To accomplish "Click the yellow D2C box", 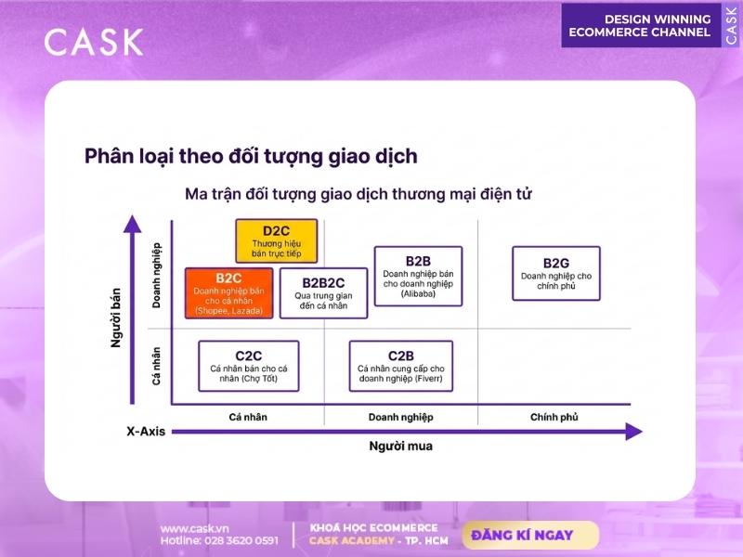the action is (276, 241).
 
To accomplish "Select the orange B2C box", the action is (228, 293).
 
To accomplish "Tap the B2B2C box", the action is (323, 293).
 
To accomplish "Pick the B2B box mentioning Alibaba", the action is (418, 276).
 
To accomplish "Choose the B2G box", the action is (556, 273).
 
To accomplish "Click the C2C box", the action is (249, 366).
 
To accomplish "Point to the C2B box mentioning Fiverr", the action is (401, 366).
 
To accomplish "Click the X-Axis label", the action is (146, 432).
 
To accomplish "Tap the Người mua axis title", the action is (401, 447).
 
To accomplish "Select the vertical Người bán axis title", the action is (115, 317).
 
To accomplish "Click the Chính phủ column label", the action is (554, 417).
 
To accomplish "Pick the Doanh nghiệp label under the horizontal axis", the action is (401, 417).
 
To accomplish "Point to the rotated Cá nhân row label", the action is (156, 366).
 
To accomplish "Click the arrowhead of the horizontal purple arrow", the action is (634, 432).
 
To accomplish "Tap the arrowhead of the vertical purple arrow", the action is (132, 224).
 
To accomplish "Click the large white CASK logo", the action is (94, 42).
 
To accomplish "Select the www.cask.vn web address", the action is (195, 528).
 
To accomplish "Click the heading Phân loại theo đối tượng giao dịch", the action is (251, 156).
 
